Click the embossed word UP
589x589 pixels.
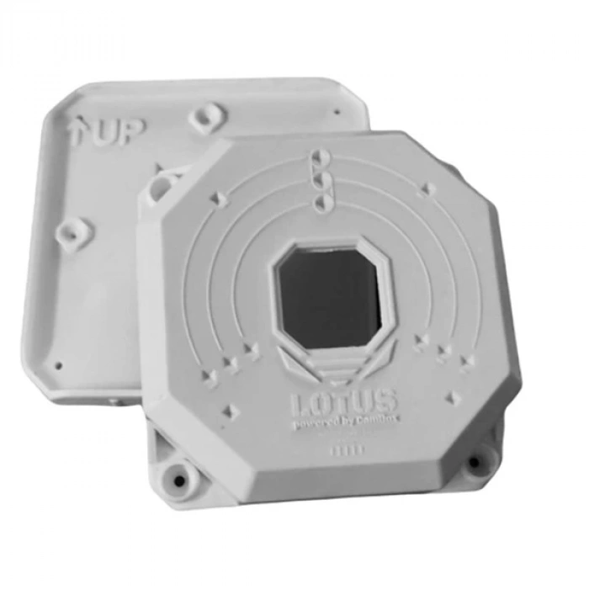pos(119,131)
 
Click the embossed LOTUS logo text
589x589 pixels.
pos(344,403)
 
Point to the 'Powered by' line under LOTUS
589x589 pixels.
pos(344,425)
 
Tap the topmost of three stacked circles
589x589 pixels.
pos(319,158)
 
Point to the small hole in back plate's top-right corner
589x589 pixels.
pos(337,111)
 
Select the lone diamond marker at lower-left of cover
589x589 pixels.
pos(228,411)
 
